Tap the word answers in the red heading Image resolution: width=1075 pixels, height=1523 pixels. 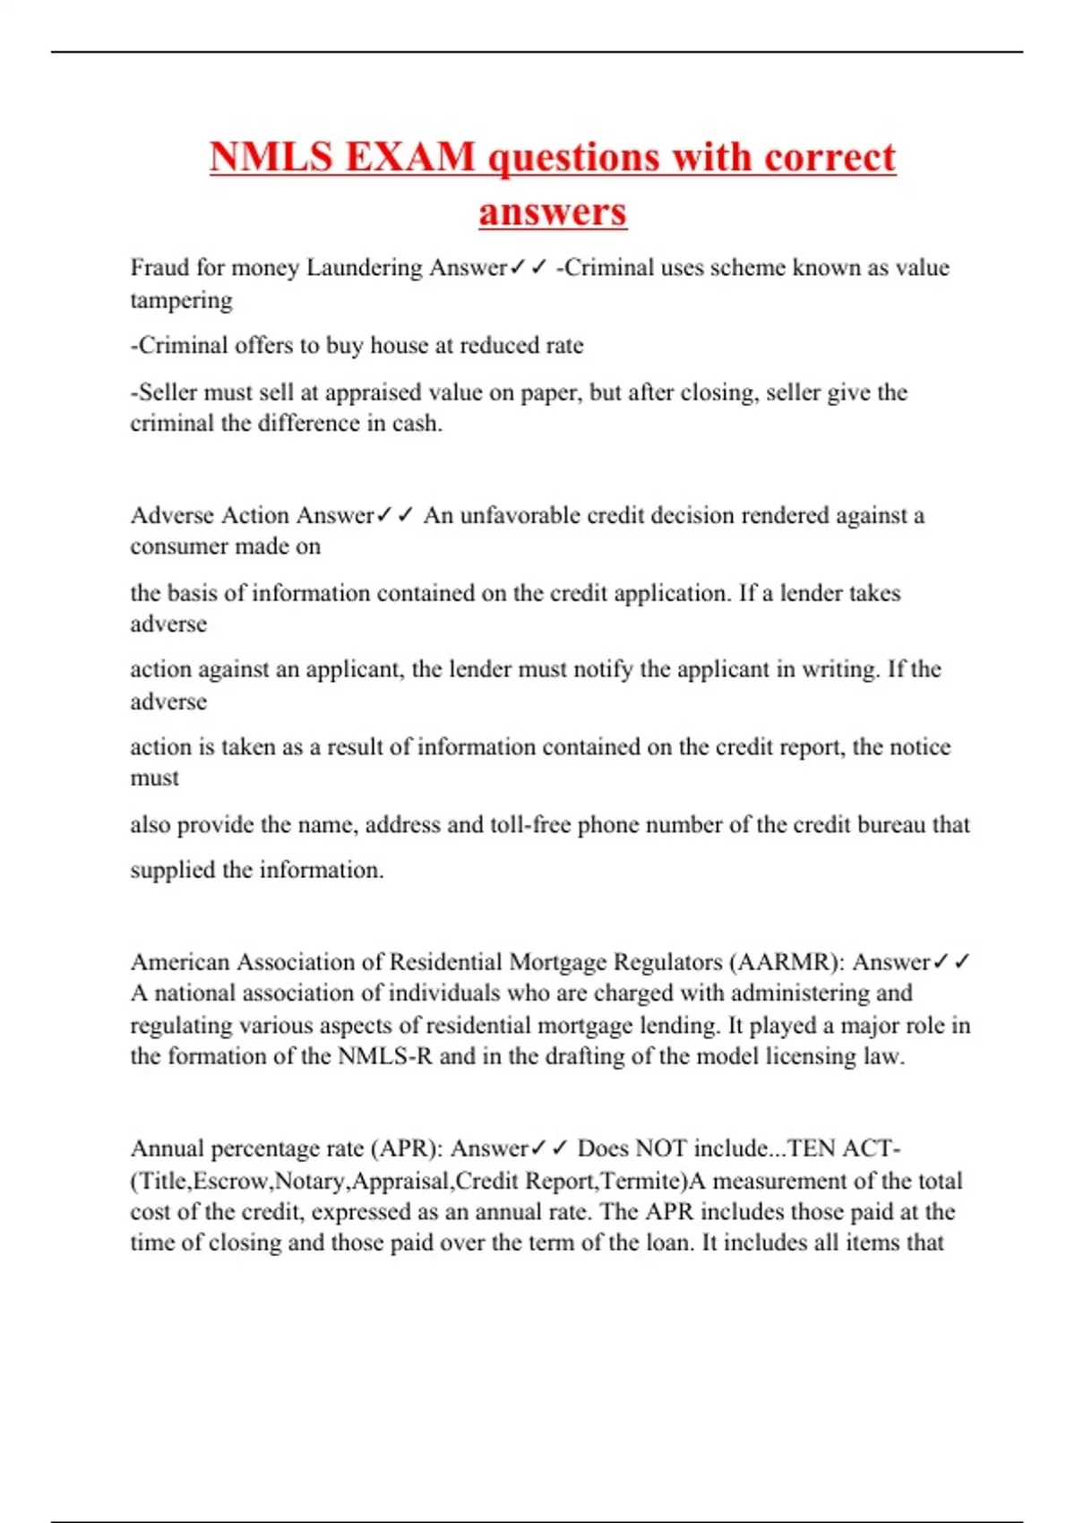point(552,211)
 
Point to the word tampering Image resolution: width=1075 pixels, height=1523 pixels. point(181,300)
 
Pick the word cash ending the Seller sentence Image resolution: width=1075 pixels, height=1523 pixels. point(417,423)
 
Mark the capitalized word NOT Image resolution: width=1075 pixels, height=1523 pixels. point(661,1149)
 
